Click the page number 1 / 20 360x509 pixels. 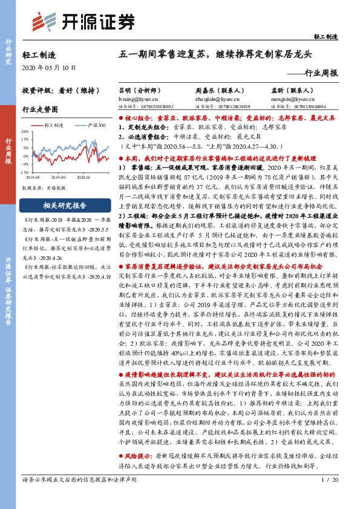tap(327, 496)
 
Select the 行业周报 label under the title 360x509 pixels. tap(318, 73)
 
